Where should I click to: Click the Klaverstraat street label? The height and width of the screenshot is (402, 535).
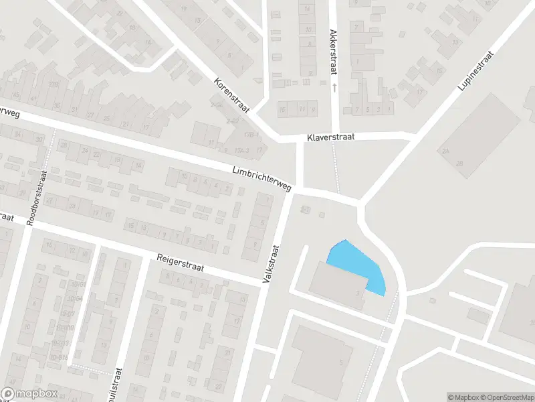coord(330,137)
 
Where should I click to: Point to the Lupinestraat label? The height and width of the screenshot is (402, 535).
coord(475,70)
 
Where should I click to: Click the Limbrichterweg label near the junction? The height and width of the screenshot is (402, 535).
coord(262,180)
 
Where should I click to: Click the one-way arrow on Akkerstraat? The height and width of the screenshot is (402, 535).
coord(333,87)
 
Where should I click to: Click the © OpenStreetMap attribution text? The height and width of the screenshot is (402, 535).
coord(508,397)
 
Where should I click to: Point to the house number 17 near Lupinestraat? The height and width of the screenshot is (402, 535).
coord(421,92)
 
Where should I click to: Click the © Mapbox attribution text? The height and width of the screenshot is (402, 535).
coord(463,397)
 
